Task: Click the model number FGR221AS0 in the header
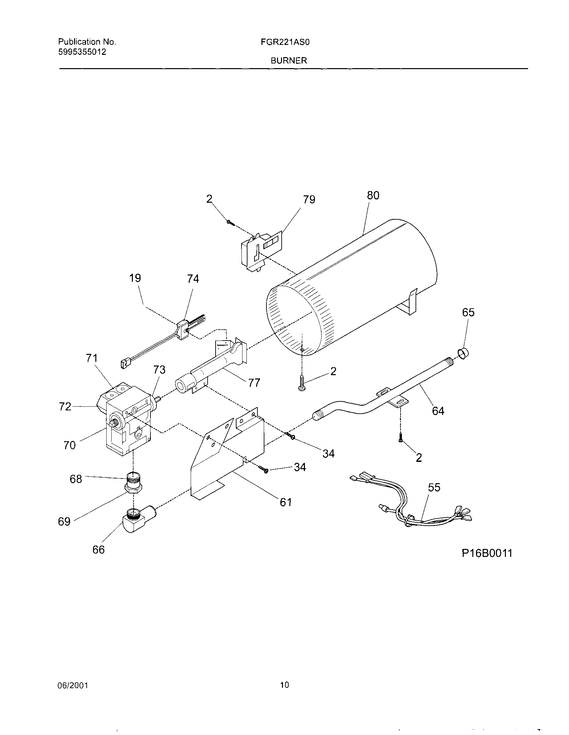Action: (289, 42)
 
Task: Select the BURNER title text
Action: (289, 60)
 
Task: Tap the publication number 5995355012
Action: (82, 52)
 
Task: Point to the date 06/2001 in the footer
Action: (73, 685)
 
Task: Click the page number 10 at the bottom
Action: (284, 684)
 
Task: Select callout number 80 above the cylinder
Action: (373, 195)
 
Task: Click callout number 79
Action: (309, 200)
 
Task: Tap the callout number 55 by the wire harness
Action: (434, 487)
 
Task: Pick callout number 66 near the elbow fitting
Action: (98, 550)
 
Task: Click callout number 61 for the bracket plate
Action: (286, 502)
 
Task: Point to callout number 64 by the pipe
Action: (438, 411)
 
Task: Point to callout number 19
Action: (135, 278)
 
